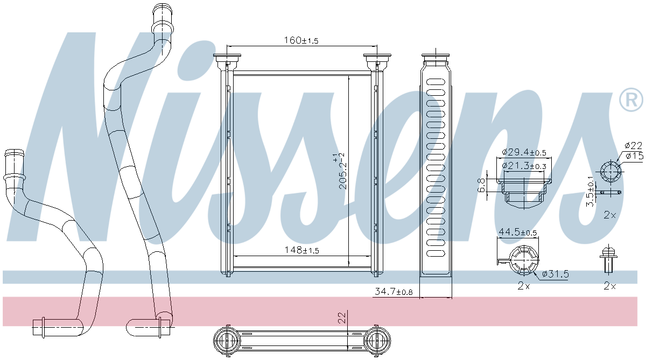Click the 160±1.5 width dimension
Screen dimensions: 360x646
coord(301,40)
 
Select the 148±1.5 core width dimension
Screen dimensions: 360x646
coord(301,250)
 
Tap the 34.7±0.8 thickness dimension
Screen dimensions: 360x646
coord(393,292)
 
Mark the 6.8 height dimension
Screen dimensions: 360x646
coord(482,186)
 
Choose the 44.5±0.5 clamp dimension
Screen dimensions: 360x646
coord(518,232)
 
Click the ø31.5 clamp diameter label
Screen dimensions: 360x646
coord(555,274)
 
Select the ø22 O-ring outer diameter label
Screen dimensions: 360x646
coord(634,145)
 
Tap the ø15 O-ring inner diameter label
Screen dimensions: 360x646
coord(634,156)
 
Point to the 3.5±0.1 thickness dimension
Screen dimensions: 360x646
coord(590,191)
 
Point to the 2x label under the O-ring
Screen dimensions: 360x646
coord(609,215)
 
